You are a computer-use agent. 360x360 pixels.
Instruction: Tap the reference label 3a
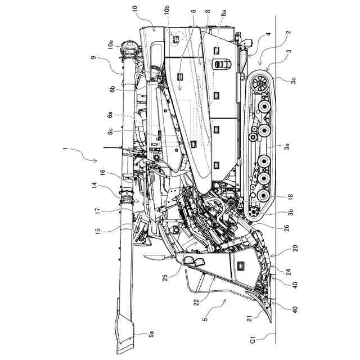[287, 146]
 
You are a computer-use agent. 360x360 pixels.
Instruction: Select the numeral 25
[166, 277]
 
